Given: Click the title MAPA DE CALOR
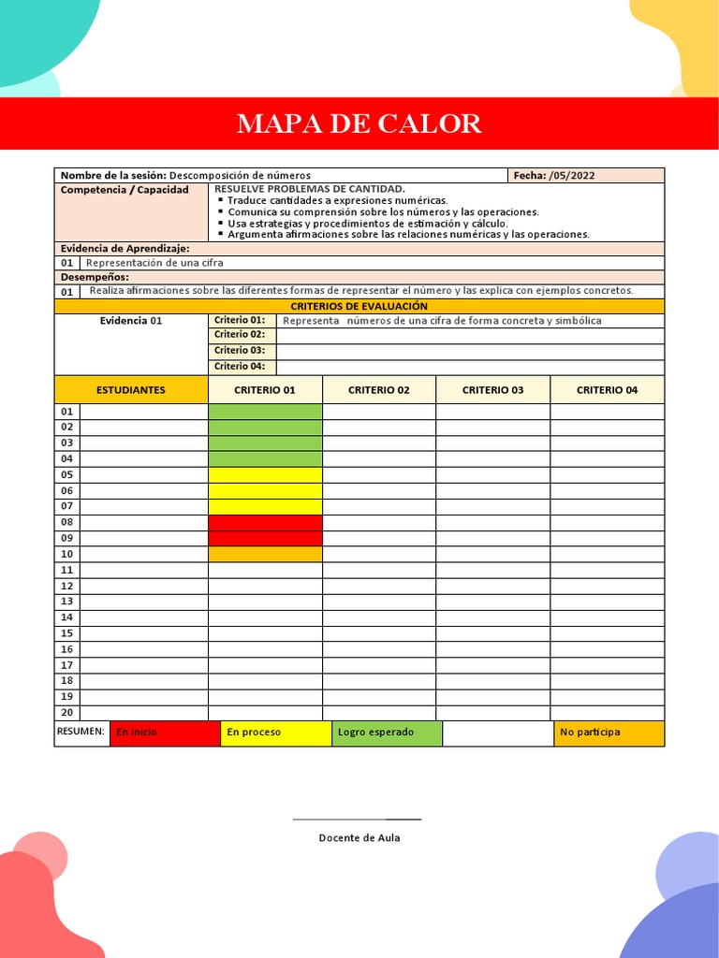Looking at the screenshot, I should [x=359, y=123].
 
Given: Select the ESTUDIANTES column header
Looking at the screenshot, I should [x=131, y=389].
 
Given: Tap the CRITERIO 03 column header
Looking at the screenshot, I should [x=492, y=389].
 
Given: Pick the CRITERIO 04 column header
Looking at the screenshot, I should [x=607, y=389].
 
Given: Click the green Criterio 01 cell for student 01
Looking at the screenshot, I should [x=265, y=412].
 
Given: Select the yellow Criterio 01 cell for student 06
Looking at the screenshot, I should [x=265, y=491].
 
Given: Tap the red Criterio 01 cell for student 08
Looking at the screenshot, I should [x=265, y=522].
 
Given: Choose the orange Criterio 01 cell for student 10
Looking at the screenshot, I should [x=265, y=554].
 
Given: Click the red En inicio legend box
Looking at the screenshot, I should [x=165, y=733].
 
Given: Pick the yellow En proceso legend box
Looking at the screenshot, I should [x=275, y=733].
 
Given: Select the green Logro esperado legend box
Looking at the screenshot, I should [x=386, y=733].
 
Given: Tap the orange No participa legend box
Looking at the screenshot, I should [x=609, y=733].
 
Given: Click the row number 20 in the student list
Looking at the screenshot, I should [x=67, y=713].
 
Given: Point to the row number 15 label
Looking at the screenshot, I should [x=67, y=633].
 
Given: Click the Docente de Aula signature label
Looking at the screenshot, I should [x=359, y=837].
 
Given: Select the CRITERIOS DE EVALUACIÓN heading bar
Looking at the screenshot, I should [x=359, y=306].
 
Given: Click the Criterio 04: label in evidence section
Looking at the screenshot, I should [x=240, y=366].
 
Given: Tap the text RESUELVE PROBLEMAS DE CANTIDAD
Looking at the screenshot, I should [x=310, y=189].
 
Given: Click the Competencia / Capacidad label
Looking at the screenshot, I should [x=125, y=190].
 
